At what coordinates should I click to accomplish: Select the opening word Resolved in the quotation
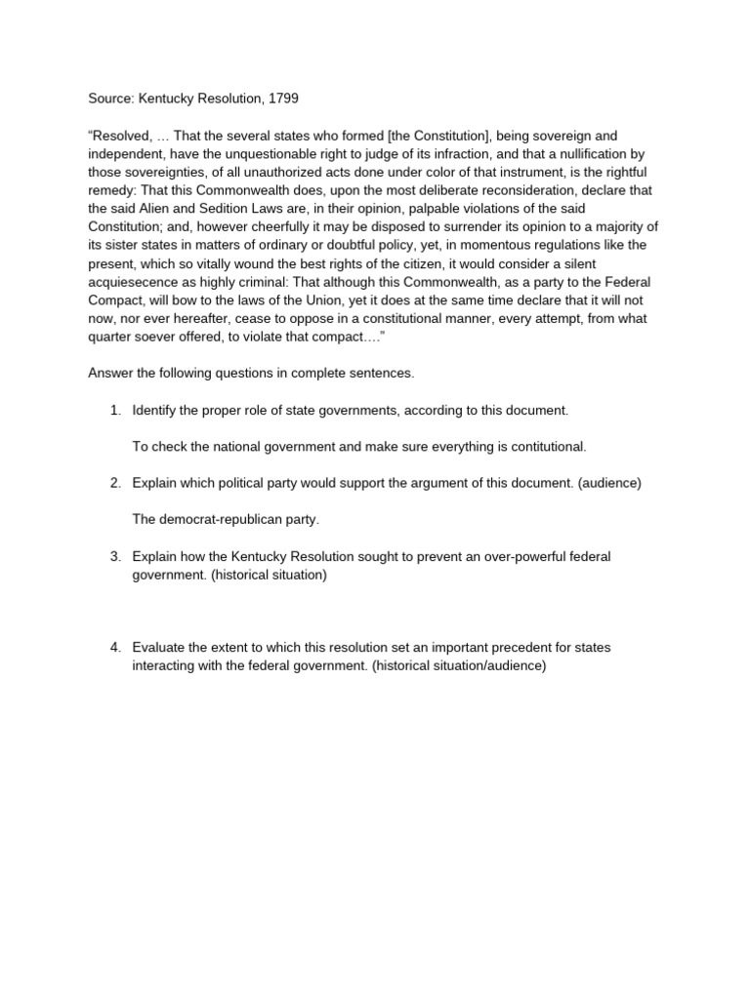click(x=121, y=136)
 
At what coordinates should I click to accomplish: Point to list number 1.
click(x=115, y=410)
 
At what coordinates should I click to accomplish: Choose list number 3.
click(x=115, y=556)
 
